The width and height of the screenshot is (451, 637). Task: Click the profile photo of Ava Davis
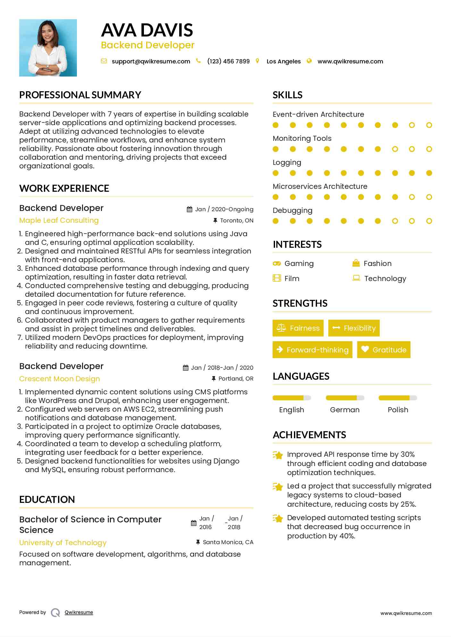pos(48,48)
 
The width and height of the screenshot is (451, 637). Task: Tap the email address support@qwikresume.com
pos(151,61)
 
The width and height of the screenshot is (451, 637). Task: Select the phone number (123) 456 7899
pos(228,61)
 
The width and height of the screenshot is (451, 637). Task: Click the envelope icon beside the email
pos(104,61)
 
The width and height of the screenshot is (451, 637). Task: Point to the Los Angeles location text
pos(283,61)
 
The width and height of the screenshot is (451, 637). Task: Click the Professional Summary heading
pos(80,95)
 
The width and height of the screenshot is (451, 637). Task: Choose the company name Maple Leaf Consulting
pos(59,221)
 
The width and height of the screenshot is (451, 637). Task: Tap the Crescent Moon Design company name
pos(60,379)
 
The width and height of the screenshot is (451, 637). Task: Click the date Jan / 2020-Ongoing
pos(224,209)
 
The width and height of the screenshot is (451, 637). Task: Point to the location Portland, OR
pos(236,379)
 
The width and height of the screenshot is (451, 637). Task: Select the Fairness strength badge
pos(298,328)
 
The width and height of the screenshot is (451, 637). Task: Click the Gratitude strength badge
pos(384,350)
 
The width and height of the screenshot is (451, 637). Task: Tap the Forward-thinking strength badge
pos(312,350)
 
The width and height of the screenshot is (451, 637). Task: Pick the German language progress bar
pos(345,398)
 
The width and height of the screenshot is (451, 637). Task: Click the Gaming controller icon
pos(277,263)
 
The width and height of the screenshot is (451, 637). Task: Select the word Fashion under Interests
pos(377,263)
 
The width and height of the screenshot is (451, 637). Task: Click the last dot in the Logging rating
pos(429,173)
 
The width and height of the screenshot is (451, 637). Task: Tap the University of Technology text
pos(63,543)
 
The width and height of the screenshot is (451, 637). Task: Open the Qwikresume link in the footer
pos(79,612)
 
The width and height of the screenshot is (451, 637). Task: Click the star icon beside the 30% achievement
pos(278,455)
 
